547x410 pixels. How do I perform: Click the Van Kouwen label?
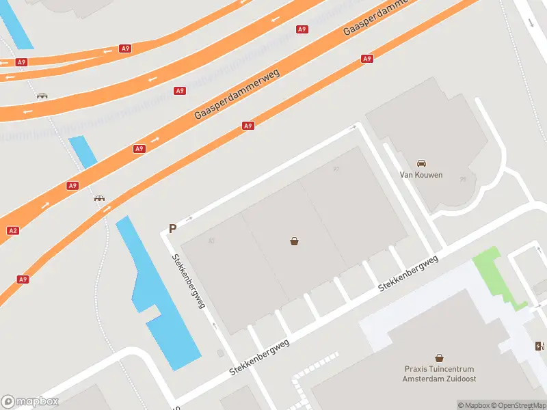click(x=421, y=174)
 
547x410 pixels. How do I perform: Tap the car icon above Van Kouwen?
click(x=422, y=163)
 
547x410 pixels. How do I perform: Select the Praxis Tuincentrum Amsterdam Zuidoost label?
click(x=440, y=374)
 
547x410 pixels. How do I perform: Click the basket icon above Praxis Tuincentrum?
click(x=440, y=357)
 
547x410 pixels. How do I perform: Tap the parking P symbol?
click(x=172, y=230)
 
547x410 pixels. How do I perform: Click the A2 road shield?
click(x=12, y=230)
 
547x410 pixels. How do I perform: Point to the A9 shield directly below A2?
click(x=23, y=279)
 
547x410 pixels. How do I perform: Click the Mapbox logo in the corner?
click(x=30, y=402)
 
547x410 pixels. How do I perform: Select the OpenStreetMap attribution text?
click(x=516, y=405)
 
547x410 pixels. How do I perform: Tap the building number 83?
click(x=211, y=240)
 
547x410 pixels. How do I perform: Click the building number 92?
click(x=336, y=169)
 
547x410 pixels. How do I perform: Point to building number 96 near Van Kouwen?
click(x=463, y=180)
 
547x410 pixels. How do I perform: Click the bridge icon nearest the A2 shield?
click(x=100, y=198)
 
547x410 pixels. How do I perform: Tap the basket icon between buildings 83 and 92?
click(x=294, y=241)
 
